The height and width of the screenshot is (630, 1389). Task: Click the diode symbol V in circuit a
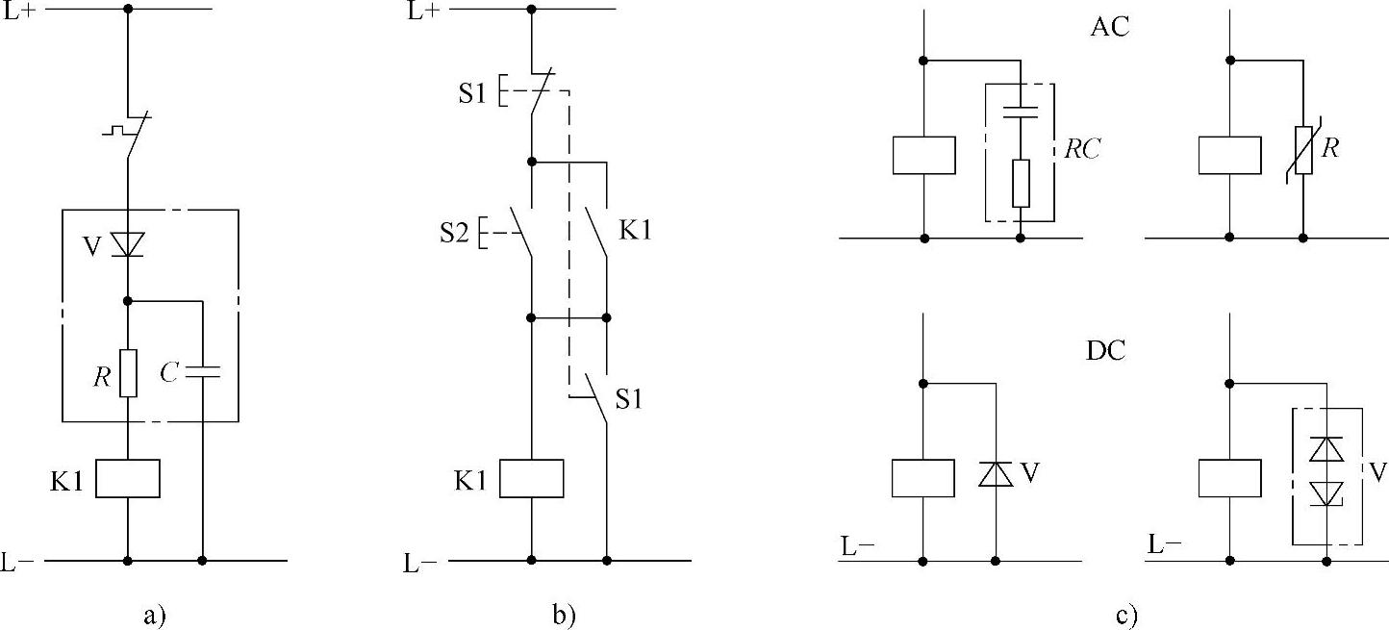(127, 245)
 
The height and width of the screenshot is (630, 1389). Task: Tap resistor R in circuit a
(127, 373)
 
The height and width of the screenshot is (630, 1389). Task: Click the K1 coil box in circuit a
(127, 478)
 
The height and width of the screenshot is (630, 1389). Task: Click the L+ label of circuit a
(20, 13)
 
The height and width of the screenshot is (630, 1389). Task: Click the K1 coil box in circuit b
(532, 478)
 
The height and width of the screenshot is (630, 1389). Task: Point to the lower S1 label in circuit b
(628, 398)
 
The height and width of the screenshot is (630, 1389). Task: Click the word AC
(1109, 27)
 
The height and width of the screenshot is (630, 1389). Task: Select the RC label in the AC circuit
(1082, 149)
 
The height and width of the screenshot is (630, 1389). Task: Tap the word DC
(1106, 351)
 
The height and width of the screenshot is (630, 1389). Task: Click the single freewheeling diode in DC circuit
(996, 474)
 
